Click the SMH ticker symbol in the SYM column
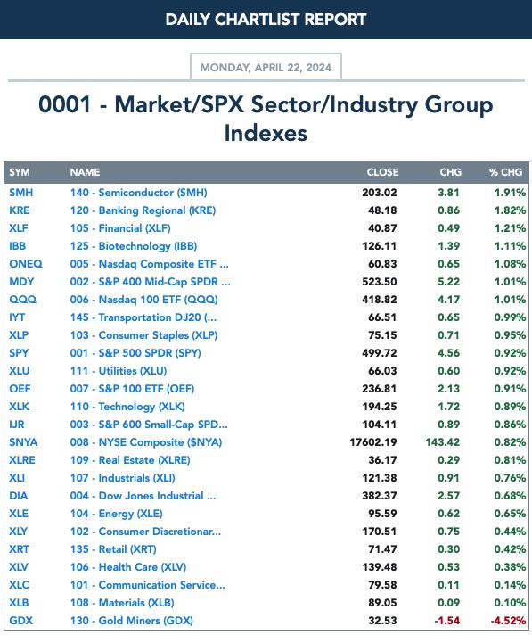pos(21,193)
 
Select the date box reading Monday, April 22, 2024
pos(266,67)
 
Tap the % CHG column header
pos(505,172)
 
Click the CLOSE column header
pos(382,172)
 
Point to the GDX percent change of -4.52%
pos(508,621)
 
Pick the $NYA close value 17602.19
pos(373,442)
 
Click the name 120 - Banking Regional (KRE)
pos(143,210)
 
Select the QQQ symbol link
pos(22,300)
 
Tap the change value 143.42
pos(442,442)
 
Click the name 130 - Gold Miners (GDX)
pos(132,621)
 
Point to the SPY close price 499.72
pos(380,353)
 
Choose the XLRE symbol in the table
pos(22,460)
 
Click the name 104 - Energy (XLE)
pos(116,514)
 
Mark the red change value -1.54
pos(447,621)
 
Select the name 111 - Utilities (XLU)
pos(119,371)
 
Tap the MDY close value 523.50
pos(380,282)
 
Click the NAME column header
pos(85,172)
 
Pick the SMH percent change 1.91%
pos(510,193)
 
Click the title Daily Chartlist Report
pos(266,20)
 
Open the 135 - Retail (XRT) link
pos(113,549)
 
